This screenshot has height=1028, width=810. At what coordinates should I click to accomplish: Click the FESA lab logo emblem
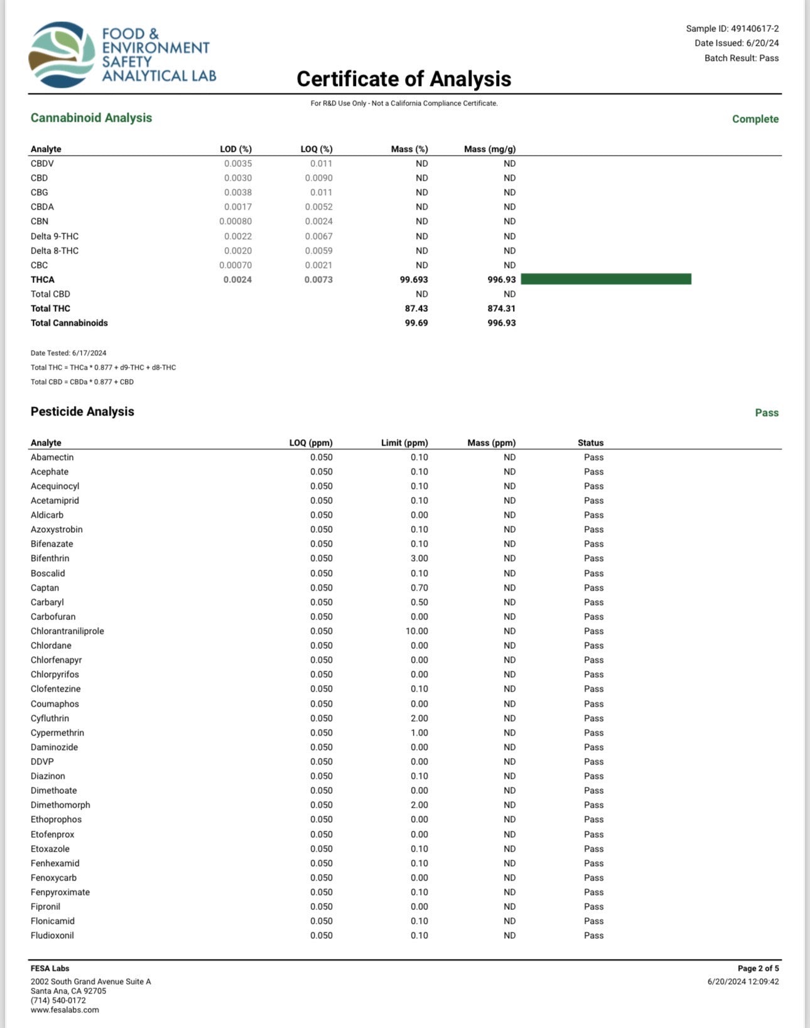pyautogui.click(x=61, y=55)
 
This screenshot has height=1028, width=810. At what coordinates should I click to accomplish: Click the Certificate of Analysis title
pyautogui.click(x=404, y=79)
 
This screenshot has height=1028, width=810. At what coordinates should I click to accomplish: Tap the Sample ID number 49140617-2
pyautogui.click(x=755, y=29)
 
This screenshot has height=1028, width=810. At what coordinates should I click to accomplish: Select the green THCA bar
pyautogui.click(x=606, y=279)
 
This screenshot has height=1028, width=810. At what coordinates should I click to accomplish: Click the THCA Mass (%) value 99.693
pyautogui.click(x=414, y=280)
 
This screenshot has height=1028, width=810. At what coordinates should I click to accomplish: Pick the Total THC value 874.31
pyautogui.click(x=501, y=309)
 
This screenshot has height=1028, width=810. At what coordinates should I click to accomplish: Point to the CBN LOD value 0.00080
pyautogui.click(x=235, y=222)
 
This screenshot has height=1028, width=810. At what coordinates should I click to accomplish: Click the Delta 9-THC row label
pyautogui.click(x=55, y=237)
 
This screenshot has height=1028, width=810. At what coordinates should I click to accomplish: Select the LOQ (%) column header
pyautogui.click(x=316, y=149)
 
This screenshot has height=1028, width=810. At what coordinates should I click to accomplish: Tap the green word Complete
pyautogui.click(x=755, y=119)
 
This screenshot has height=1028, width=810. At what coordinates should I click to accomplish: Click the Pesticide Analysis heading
pyautogui.click(x=82, y=412)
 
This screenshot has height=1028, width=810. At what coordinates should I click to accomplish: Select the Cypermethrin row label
pyautogui.click(x=57, y=733)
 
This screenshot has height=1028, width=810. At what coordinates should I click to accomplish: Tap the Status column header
pyautogui.click(x=590, y=443)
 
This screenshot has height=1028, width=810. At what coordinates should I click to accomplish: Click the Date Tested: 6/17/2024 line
pyautogui.click(x=68, y=353)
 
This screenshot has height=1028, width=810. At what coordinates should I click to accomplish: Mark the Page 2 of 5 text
pyautogui.click(x=758, y=968)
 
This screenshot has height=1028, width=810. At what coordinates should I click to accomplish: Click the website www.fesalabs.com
pyautogui.click(x=65, y=1010)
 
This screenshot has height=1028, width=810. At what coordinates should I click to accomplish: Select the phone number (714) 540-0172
pyautogui.click(x=58, y=1000)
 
